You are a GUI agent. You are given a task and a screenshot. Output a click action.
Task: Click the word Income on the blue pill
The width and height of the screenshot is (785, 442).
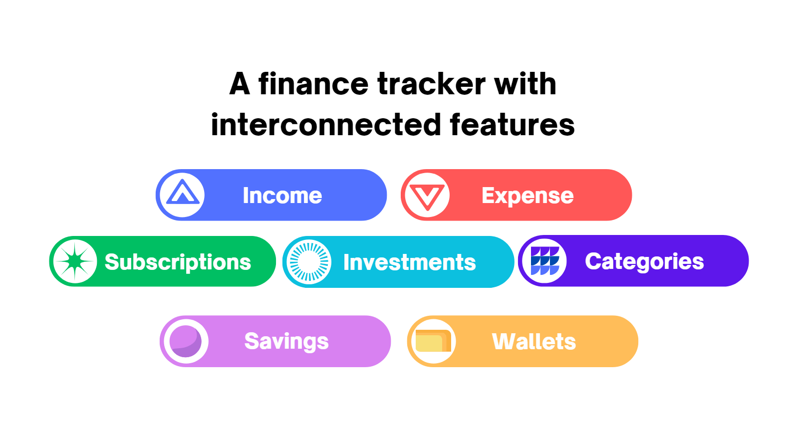pyautogui.click(x=282, y=196)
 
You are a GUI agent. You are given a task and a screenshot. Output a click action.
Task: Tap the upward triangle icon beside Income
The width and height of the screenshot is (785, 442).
pyautogui.click(x=183, y=194)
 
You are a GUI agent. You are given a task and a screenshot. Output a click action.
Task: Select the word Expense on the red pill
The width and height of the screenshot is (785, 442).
pyautogui.click(x=527, y=196)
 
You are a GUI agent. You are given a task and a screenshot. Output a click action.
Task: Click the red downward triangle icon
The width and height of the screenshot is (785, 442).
pyautogui.click(x=427, y=196)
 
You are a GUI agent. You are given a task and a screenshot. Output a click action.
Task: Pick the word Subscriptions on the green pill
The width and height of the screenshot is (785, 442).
pyautogui.click(x=178, y=262)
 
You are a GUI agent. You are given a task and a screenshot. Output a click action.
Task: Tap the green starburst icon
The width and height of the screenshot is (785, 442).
pyautogui.click(x=75, y=261)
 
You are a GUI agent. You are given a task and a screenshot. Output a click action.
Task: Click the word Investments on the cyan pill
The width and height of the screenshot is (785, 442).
pyautogui.click(x=409, y=262)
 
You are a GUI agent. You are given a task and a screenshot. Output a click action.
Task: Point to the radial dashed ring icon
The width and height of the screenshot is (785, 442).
pyautogui.click(x=309, y=262)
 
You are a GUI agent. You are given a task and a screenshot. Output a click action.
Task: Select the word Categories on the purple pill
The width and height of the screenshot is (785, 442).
pyautogui.click(x=644, y=261)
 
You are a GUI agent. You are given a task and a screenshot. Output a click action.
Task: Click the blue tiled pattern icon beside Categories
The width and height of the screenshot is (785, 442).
pyautogui.click(x=544, y=261)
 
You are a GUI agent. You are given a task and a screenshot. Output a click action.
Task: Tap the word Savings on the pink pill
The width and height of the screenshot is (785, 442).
pyautogui.click(x=286, y=341)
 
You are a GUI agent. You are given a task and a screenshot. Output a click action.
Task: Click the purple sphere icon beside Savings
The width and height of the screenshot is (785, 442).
pyautogui.click(x=186, y=341)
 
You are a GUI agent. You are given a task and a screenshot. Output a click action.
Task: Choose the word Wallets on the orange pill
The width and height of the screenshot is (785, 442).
pyautogui.click(x=533, y=342)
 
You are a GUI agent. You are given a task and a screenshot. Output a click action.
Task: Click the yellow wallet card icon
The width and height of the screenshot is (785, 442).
pyautogui.click(x=432, y=341)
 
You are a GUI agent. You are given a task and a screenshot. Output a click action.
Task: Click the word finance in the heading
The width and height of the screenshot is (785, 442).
pyautogui.click(x=313, y=84)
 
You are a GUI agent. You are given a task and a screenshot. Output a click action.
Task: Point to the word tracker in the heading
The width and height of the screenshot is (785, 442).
pyautogui.click(x=431, y=84)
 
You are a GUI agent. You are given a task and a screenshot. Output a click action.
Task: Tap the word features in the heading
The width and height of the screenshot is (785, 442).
pyautogui.click(x=512, y=125)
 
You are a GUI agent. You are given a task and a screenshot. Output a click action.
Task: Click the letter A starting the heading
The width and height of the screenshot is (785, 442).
pyautogui.click(x=240, y=84)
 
